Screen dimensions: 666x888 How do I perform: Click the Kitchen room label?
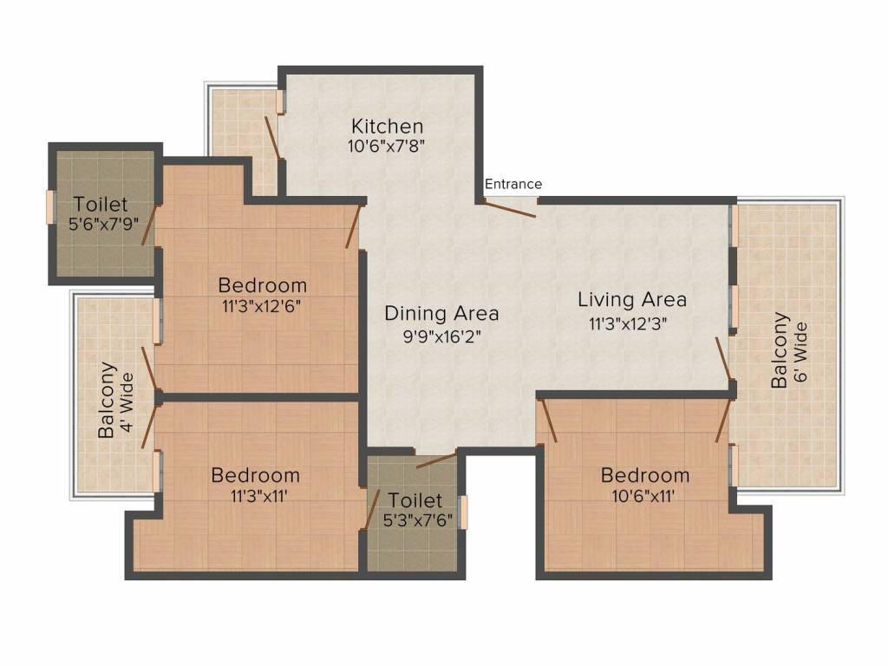coord(387,127)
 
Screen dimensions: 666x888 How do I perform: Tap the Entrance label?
coord(513,184)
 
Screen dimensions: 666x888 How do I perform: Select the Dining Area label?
coord(441,313)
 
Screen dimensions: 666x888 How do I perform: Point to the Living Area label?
coord(632,300)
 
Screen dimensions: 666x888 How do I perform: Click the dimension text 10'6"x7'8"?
coord(387,147)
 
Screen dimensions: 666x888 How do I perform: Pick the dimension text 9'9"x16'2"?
coord(441,336)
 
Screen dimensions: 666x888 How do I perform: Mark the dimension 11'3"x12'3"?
coord(628,323)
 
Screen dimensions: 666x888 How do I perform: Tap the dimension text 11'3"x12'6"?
coord(262,305)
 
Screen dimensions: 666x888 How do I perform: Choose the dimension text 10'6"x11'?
coord(644,496)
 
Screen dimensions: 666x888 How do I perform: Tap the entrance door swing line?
coord(510,209)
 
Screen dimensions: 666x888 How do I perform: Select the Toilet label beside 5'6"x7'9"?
coord(101,205)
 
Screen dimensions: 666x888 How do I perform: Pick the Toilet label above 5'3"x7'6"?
coord(415,500)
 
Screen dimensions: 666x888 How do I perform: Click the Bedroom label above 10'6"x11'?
coord(645,475)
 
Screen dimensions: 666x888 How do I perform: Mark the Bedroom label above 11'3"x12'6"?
coord(262,284)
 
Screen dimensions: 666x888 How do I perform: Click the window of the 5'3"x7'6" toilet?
coord(463,512)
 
